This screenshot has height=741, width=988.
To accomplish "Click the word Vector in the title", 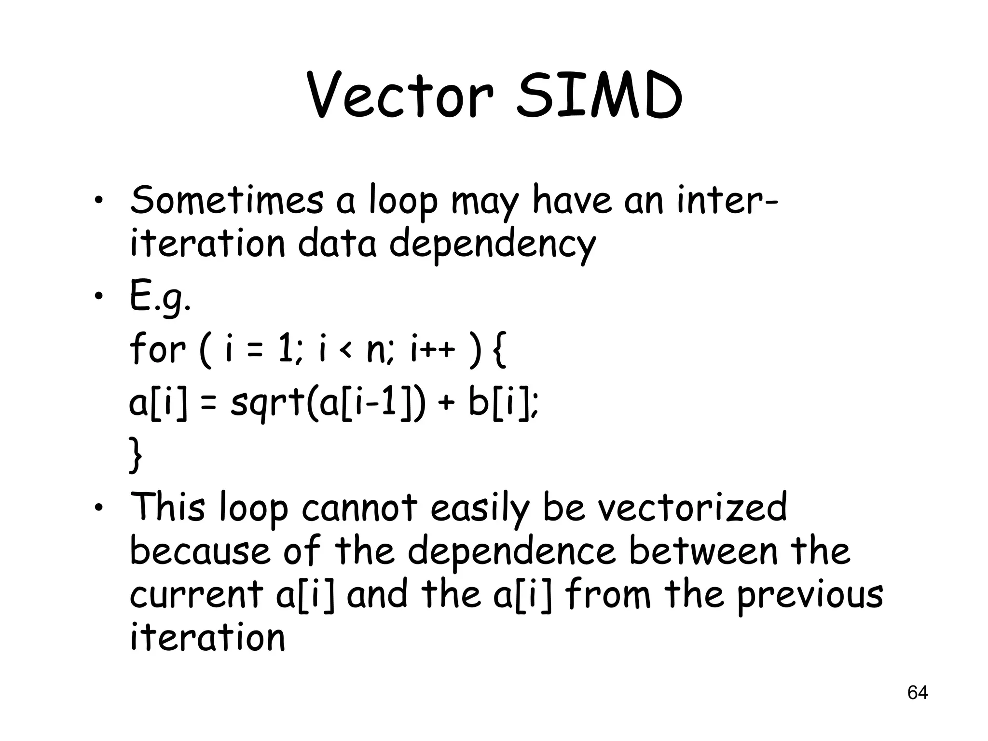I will coord(400,96).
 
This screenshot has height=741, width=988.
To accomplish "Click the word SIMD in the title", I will coord(599,96).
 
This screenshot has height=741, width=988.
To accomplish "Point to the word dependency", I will coord(493,245).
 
